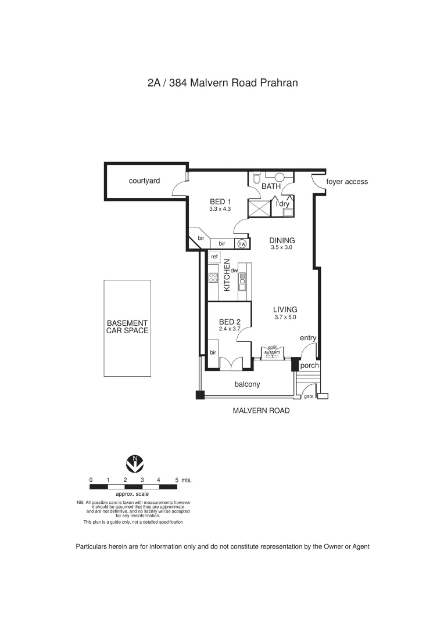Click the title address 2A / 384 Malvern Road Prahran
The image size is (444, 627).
coord(223,82)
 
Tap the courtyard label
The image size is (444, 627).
coord(144,181)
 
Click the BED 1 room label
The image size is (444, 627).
coord(221,201)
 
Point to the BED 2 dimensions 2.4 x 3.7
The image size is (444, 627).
coord(230,329)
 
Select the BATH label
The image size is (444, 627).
coord(271,186)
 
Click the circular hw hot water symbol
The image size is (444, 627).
coord(241,244)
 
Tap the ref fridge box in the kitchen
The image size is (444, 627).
coord(214,257)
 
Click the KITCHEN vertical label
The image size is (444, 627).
coord(227,275)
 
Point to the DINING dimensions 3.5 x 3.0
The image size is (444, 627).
coord(281,247)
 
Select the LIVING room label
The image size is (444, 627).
coord(285,309)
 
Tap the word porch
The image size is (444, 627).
coord(309,366)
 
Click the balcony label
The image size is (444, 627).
coord(247,384)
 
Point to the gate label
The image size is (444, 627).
coord(309,397)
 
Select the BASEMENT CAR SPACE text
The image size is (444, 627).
coord(127,327)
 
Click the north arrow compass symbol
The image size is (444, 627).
coord(135,464)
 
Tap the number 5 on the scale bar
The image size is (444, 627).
coord(176,480)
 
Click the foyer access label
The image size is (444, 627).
coord(347,182)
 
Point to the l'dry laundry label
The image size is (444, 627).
coord(282,204)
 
